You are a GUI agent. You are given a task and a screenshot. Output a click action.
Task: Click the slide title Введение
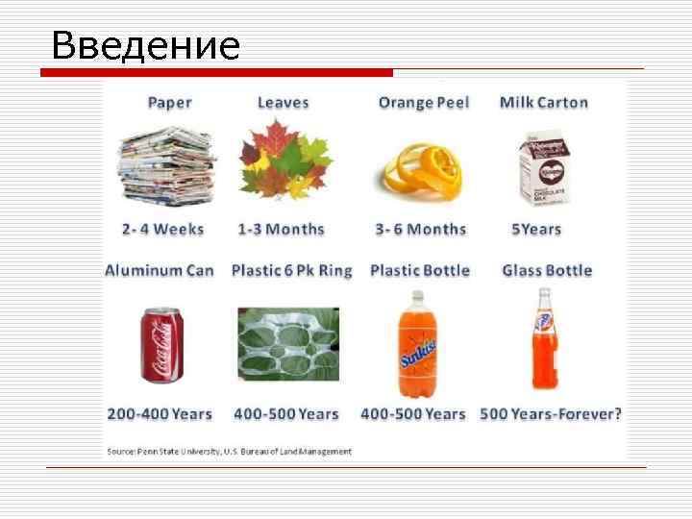pyautogui.click(x=145, y=45)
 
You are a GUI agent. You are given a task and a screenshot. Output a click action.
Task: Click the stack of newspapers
pyautogui.click(x=166, y=165)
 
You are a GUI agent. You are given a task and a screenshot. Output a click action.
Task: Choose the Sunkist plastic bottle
pyautogui.click(x=417, y=346)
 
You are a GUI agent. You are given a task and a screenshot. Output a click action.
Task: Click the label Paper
pyautogui.click(x=169, y=103)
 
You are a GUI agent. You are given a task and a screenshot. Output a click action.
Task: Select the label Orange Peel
pyautogui.click(x=424, y=103)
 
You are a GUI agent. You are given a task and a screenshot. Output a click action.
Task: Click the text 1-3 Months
pyautogui.click(x=282, y=230)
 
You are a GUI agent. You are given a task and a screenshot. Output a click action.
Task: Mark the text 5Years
pyautogui.click(x=536, y=230)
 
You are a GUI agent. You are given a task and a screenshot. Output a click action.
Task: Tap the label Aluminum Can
pyautogui.click(x=160, y=271)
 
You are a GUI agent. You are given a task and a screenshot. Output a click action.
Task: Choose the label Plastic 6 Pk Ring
pyautogui.click(x=292, y=271)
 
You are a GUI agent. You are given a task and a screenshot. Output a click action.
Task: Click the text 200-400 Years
pyautogui.click(x=160, y=414)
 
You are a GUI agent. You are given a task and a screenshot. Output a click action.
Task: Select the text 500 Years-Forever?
pyautogui.click(x=551, y=414)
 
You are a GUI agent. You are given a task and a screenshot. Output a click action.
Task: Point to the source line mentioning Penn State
pyautogui.click(x=229, y=451)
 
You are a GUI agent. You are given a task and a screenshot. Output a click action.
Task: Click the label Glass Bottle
pyautogui.click(x=547, y=271)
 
